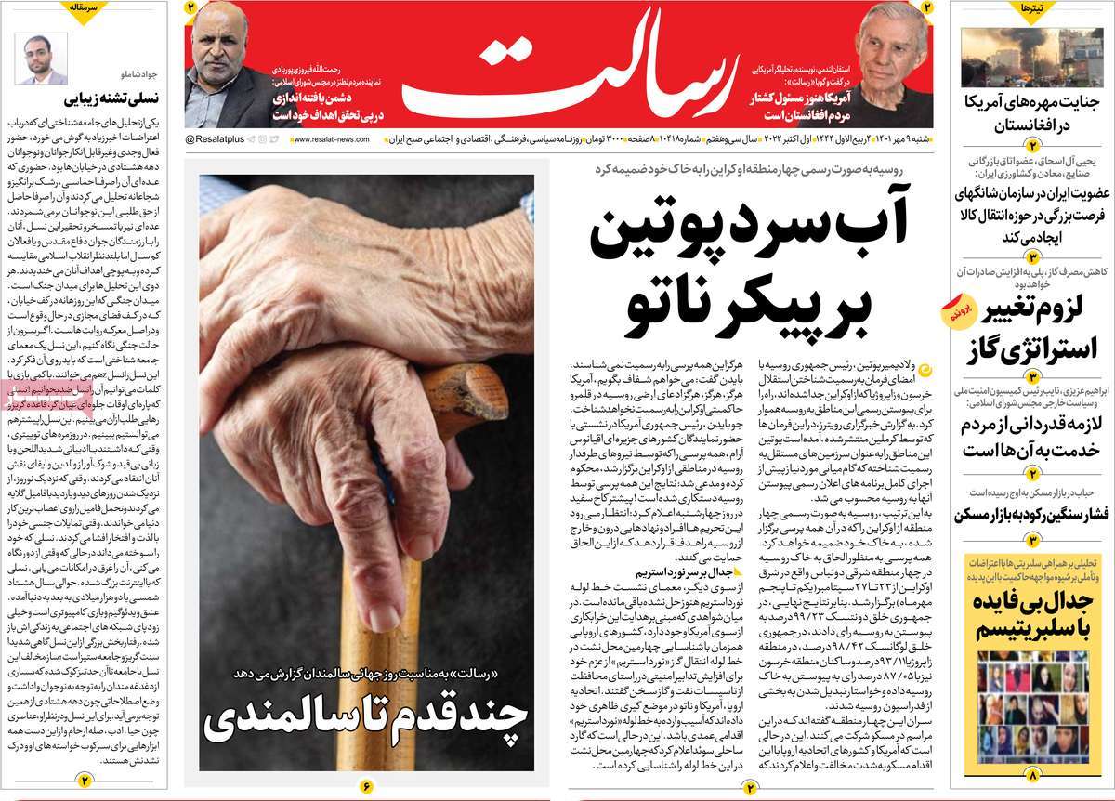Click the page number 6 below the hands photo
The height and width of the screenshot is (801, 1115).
[x=366, y=787]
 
